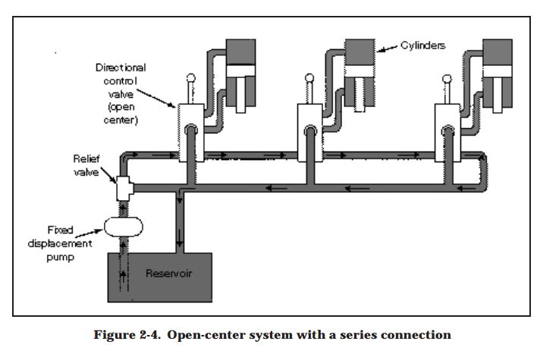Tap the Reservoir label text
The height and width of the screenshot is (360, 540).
click(169, 273)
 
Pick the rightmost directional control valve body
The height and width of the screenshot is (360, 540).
click(446, 133)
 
